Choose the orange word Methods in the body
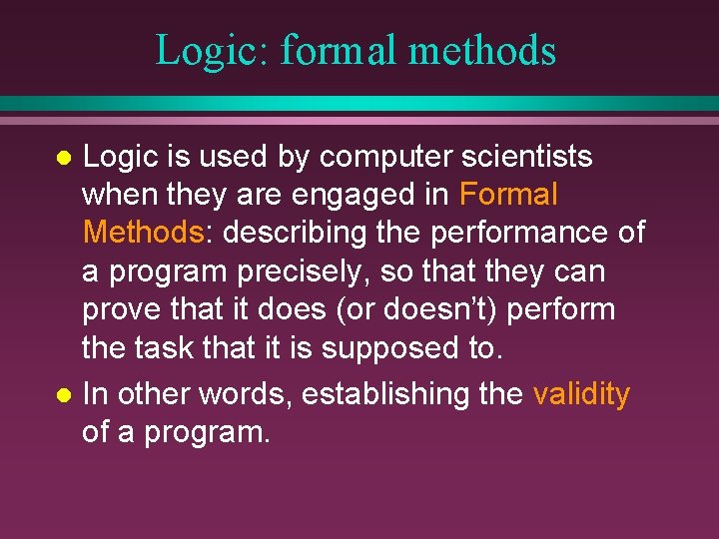point(143,233)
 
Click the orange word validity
point(581,395)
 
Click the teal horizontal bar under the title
point(359,104)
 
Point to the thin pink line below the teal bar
point(359,120)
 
